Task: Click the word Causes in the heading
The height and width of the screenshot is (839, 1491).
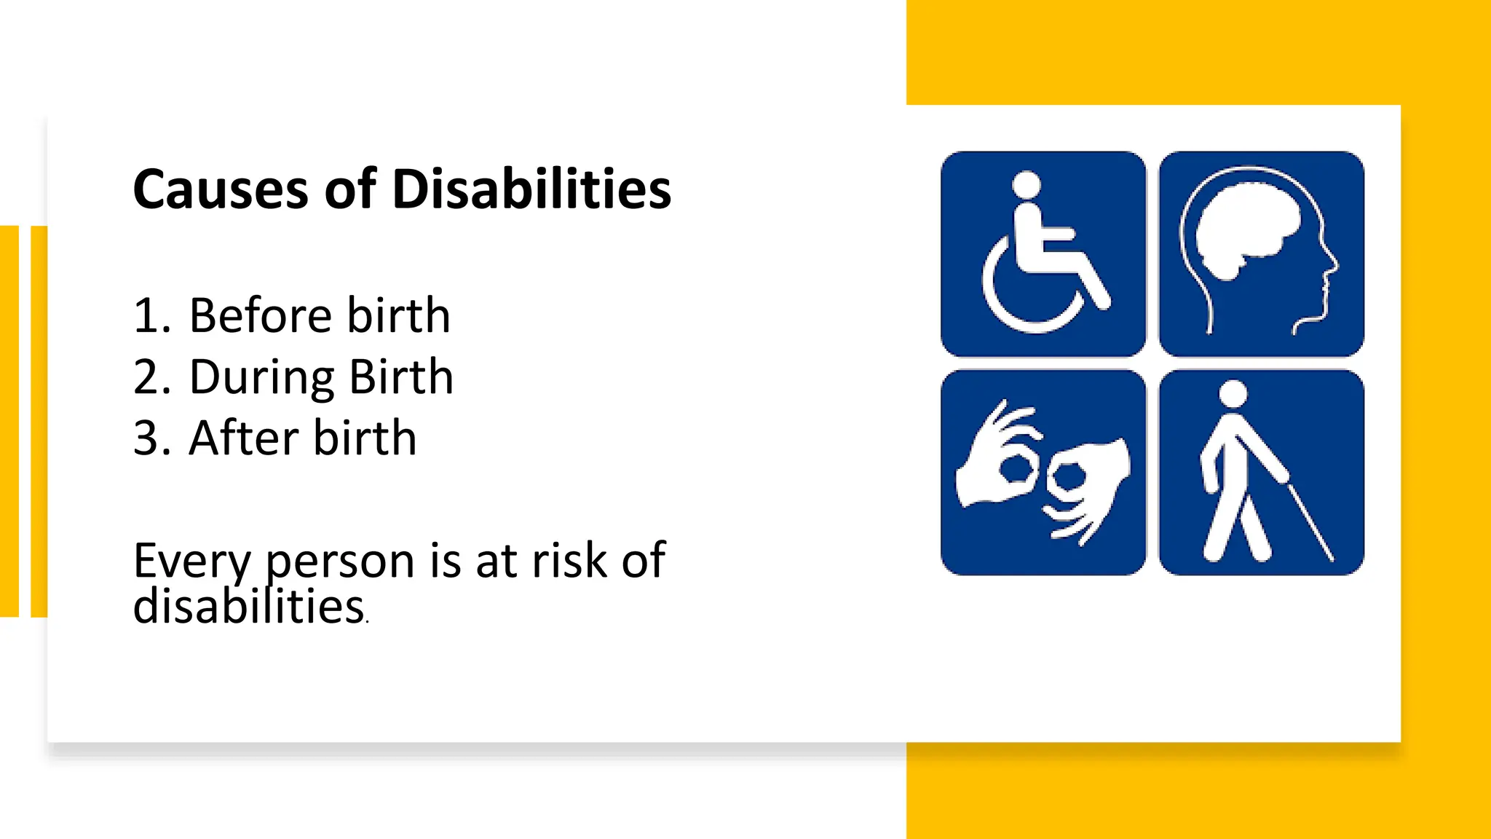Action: (221, 189)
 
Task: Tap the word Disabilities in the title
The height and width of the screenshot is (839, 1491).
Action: (531, 189)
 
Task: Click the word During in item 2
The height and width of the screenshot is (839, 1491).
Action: (261, 377)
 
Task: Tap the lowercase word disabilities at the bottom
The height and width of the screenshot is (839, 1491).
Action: (248, 606)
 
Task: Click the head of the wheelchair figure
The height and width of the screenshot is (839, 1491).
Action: (1027, 184)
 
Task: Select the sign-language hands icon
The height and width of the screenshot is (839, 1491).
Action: (1043, 473)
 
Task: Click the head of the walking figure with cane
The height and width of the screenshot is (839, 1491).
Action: (1233, 394)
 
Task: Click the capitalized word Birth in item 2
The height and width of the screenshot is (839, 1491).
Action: (401, 377)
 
